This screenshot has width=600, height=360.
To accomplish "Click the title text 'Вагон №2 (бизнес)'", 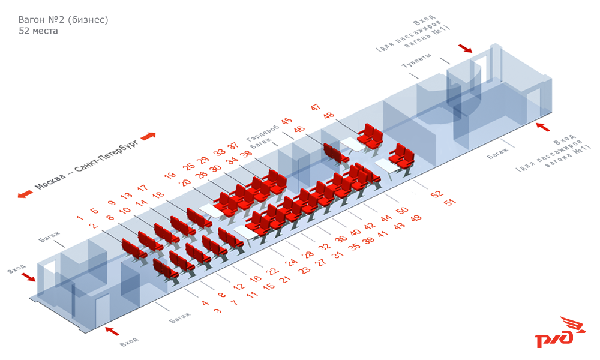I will (x=63, y=20).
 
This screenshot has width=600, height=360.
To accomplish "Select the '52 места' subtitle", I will (x=38, y=31).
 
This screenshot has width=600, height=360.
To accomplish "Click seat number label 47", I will (x=316, y=107).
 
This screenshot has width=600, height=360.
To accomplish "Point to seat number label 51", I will (x=448, y=203).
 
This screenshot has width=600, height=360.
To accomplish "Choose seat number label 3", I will (x=218, y=311).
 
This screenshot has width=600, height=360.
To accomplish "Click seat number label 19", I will (x=170, y=176).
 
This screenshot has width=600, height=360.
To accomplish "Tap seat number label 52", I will (x=436, y=194).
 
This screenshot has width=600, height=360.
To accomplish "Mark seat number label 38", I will (x=246, y=154).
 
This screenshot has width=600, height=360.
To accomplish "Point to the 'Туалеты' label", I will (x=416, y=65).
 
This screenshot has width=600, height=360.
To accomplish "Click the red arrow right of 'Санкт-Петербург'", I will (x=148, y=136).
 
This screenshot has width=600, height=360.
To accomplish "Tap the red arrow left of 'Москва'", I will (x=25, y=194).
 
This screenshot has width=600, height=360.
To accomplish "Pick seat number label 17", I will (x=142, y=188).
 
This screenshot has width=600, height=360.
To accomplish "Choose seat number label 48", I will (x=328, y=116).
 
